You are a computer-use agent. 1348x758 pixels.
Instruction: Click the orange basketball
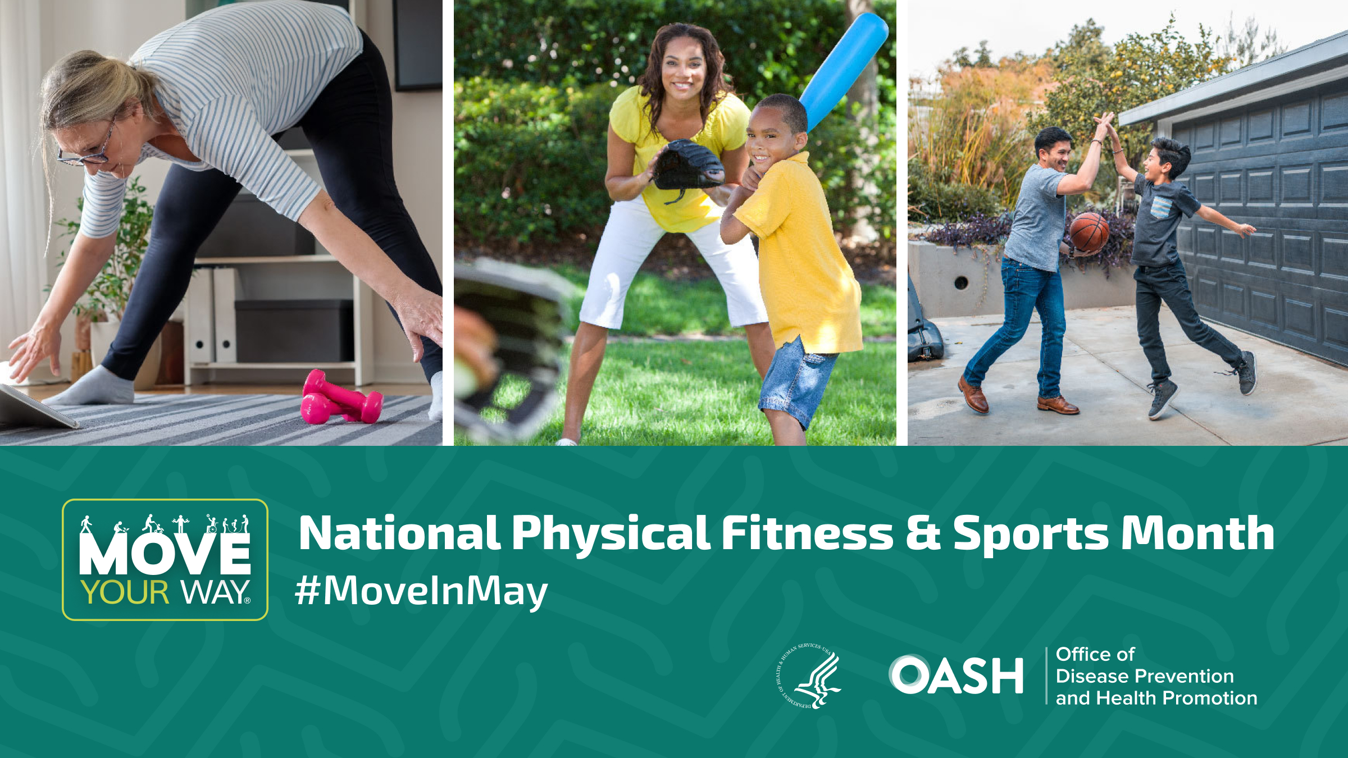[x=1089, y=231]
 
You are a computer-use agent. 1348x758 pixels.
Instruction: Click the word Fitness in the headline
[x=807, y=533]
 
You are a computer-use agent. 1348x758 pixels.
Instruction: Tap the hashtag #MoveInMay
[x=421, y=591]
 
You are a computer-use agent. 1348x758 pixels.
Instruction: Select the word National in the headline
[x=399, y=533]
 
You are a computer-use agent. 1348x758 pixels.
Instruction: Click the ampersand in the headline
[x=923, y=533]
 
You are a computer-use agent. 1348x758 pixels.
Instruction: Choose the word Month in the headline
[x=1197, y=533]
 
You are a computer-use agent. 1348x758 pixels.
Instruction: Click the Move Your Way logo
[x=165, y=559]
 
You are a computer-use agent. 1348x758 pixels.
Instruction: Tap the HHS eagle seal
[x=809, y=676]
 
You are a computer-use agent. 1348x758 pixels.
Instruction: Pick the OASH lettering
[x=956, y=675]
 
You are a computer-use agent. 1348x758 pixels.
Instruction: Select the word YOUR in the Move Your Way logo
[x=125, y=593]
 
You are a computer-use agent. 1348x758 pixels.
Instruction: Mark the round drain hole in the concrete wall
[x=961, y=282]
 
